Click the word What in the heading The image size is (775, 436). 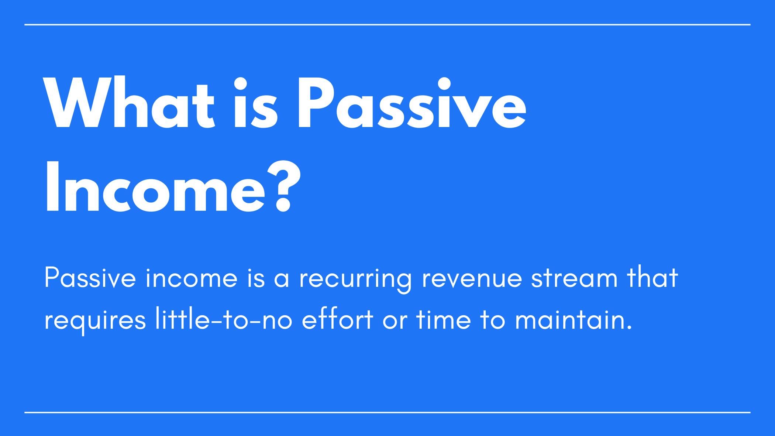[x=128, y=103]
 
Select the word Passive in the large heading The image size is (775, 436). [x=412, y=103]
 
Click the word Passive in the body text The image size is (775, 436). [x=90, y=278]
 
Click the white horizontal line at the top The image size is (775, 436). [x=387, y=25]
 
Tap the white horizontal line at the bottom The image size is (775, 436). [x=387, y=412]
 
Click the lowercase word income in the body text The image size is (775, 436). [x=192, y=278]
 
